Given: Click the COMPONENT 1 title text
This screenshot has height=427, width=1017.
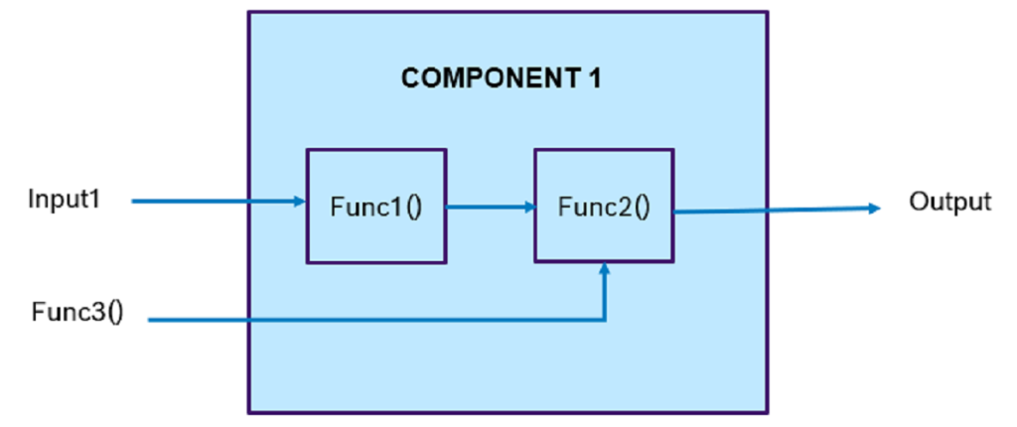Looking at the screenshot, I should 501,78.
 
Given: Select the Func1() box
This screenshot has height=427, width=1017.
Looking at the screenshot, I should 375,206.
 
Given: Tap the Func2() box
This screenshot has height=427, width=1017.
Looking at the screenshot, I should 605,206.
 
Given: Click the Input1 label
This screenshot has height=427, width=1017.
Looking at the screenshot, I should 66,200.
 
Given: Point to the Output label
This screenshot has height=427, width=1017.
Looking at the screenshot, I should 949,202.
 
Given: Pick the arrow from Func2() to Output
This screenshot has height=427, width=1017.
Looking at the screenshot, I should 775,209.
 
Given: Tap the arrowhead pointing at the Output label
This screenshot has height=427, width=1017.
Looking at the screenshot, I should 875,208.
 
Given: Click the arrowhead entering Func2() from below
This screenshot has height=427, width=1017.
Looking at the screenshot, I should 605,269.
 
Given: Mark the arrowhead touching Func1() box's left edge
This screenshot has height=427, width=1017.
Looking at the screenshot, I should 300,202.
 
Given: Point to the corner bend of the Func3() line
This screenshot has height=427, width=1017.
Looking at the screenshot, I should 605,320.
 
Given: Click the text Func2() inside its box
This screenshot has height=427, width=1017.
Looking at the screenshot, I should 604,208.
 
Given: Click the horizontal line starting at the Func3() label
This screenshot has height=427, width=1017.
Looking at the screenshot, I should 377,320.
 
